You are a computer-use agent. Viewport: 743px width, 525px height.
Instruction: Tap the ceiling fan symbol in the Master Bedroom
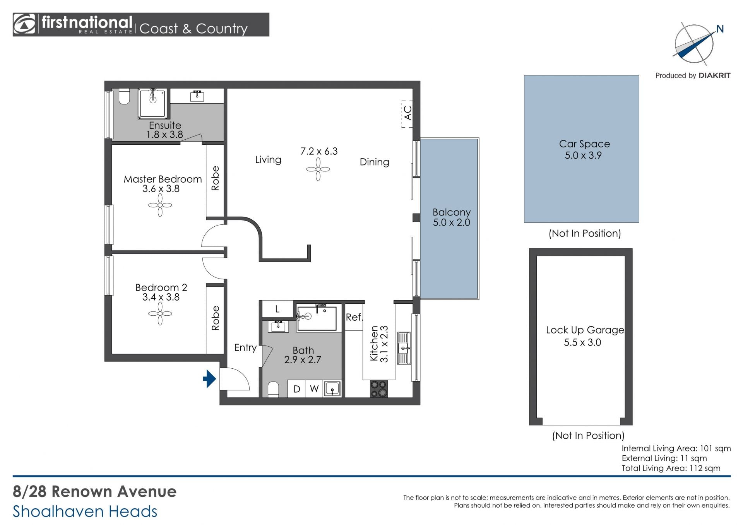coord(160,205)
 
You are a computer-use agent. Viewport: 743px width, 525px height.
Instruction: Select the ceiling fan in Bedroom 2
coord(160,313)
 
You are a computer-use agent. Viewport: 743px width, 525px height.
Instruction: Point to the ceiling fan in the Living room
coord(318,169)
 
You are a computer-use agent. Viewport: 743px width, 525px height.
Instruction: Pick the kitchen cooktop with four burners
coord(378,389)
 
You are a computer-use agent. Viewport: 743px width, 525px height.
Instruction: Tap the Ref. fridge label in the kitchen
coord(354,317)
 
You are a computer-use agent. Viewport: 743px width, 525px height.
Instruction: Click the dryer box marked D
coord(297,389)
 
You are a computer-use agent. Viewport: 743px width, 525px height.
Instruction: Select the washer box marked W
coord(314,389)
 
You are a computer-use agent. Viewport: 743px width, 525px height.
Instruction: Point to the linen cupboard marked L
coord(277,309)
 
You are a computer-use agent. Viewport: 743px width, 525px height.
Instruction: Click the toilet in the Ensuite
coord(124,97)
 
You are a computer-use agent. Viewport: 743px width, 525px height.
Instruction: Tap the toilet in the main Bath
coord(273,390)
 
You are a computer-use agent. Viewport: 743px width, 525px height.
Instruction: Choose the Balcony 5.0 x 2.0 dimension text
coord(452,222)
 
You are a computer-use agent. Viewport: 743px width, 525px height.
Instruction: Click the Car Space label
coord(584,144)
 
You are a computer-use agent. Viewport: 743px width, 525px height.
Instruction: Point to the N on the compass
coord(720,29)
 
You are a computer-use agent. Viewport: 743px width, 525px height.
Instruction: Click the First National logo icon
coord(24,24)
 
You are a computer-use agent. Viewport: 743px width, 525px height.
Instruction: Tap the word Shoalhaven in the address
coord(58,511)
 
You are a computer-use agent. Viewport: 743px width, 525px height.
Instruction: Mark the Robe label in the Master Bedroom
coord(216,178)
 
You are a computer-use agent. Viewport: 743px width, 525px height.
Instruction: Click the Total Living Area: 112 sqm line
coord(671,468)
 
